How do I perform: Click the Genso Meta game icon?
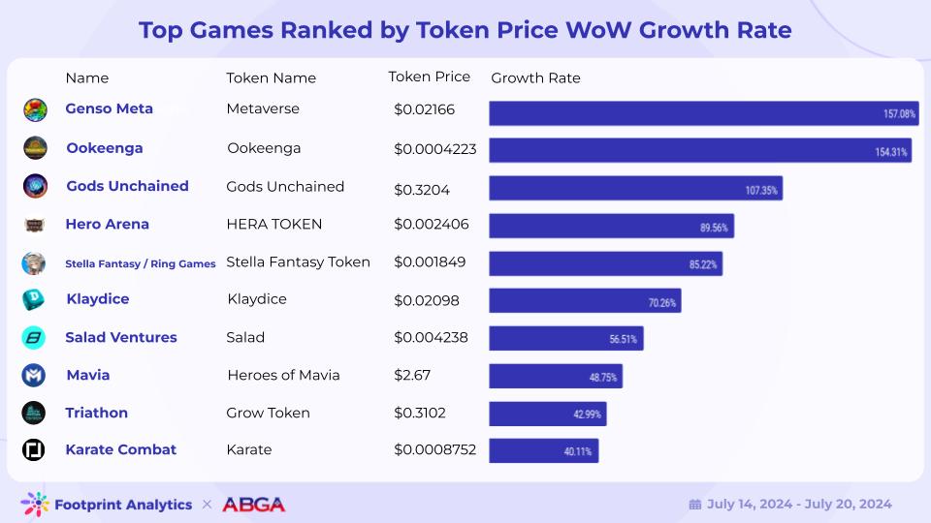(34, 109)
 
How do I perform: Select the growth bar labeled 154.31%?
(699, 150)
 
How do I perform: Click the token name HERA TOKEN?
(274, 224)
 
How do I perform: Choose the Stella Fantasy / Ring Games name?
(141, 263)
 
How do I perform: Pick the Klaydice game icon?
(34, 299)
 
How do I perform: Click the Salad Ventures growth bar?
(565, 338)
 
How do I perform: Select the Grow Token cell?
(269, 413)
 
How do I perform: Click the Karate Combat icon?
(34, 450)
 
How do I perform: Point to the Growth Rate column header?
(535, 78)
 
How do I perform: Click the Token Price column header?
(429, 77)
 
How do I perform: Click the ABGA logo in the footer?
(253, 505)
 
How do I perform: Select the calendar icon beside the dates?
(694, 505)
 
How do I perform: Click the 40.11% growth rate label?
(578, 452)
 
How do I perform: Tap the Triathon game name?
(96, 413)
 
